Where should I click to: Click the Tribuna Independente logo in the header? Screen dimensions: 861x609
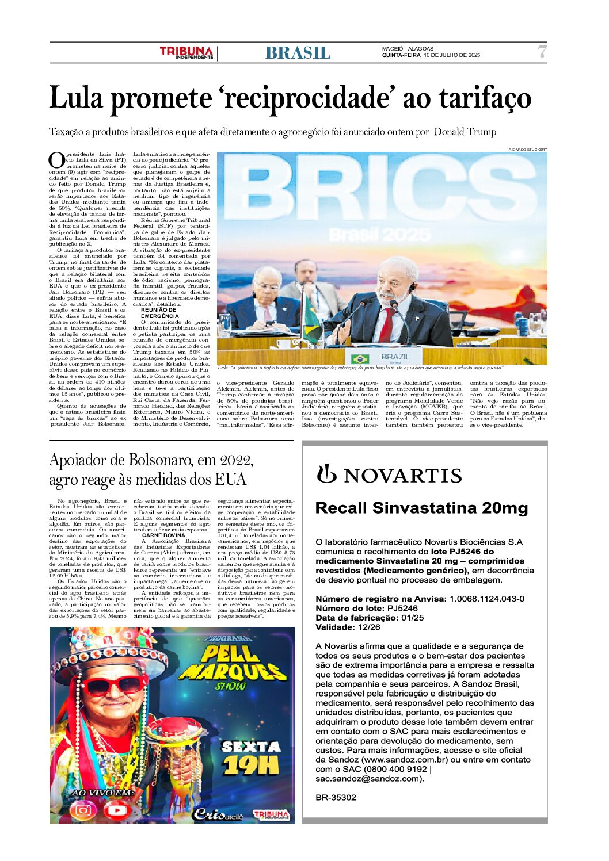coord(186,52)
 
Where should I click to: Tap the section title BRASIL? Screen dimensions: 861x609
coord(298,53)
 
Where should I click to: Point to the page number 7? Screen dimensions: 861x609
coord(542,52)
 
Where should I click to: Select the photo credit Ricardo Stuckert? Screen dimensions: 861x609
coord(527,150)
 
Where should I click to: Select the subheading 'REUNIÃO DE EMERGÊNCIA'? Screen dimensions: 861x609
coord(159,313)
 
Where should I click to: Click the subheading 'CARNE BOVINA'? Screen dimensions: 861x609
coord(163,535)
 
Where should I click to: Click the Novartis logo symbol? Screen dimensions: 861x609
coord(326,474)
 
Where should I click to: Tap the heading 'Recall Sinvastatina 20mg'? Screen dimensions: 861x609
coord(421,508)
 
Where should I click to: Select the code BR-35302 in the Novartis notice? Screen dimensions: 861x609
coord(336,798)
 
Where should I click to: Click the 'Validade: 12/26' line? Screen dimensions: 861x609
coord(348,627)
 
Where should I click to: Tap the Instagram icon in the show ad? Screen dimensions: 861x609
coord(83,810)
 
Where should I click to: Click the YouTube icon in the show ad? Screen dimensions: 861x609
coord(117,810)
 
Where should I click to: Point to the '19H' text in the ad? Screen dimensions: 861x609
coord(251,766)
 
